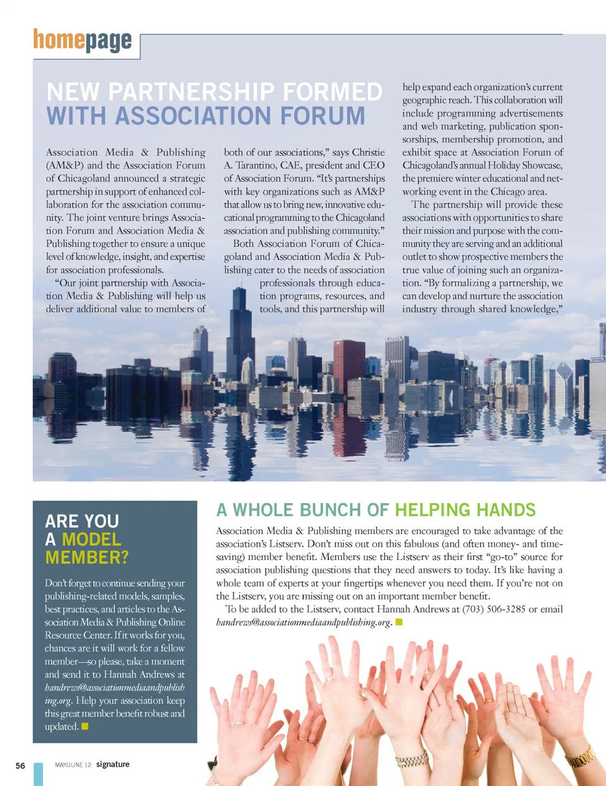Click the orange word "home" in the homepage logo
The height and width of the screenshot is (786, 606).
pos(58,40)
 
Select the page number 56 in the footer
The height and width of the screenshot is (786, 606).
pos(20,766)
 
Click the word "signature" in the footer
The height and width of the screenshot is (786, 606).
pos(112,765)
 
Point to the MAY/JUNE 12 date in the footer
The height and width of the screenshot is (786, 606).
pos(73,765)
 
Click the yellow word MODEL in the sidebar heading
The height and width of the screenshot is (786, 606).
pos(91,539)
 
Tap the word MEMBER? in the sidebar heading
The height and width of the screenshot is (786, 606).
pos(86,557)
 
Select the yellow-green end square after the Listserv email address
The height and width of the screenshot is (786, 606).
pos(398,622)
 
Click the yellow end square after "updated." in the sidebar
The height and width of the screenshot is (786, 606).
pos(85,727)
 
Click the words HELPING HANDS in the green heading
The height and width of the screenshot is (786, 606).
pos(465,510)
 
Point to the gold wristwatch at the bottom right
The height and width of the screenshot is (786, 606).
pos(580,758)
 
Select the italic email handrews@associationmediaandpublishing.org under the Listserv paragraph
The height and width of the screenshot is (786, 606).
pos(304,622)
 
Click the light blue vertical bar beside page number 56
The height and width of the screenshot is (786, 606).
pos(39,774)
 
